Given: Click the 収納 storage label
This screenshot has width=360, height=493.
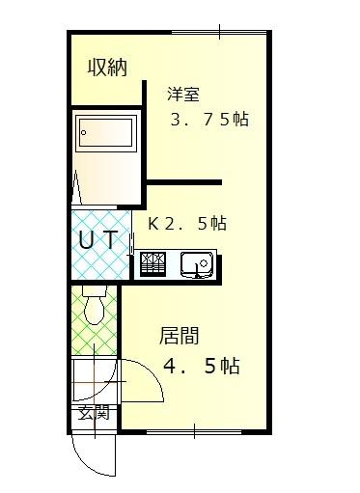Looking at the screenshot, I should (107, 68).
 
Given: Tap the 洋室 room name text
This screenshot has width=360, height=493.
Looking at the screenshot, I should (182, 95).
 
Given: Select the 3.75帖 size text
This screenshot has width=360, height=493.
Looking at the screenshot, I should (209, 122).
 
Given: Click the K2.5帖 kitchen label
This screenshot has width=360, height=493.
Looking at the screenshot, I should (187, 223).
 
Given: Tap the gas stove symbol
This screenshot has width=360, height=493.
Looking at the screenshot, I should (154, 263).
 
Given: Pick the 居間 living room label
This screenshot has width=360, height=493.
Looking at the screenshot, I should (180, 337).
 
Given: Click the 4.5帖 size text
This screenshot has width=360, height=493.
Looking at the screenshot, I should (201, 367).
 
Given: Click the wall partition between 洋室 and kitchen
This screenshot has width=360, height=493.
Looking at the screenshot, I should (183, 181).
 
